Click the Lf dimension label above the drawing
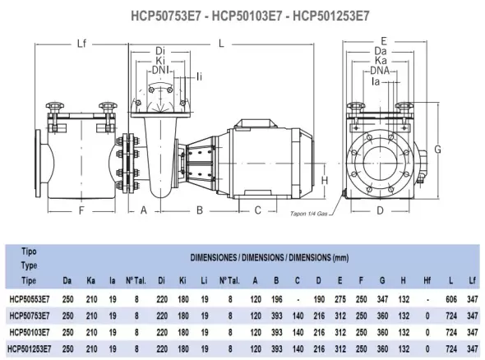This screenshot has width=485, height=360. click(x=81, y=44)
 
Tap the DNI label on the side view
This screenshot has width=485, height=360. click(x=160, y=70)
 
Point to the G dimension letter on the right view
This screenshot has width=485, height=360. click(x=437, y=150)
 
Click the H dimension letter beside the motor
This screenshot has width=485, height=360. click(x=325, y=180)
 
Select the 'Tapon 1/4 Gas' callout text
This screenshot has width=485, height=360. click(x=308, y=214)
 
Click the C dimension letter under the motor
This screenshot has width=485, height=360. click(x=257, y=210)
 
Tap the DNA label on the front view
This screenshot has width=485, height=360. click(x=380, y=71)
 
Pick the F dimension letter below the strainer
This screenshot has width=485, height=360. click(x=81, y=210)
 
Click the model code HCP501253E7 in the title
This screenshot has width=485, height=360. click(x=331, y=16)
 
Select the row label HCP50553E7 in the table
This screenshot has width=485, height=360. click(x=30, y=299)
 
